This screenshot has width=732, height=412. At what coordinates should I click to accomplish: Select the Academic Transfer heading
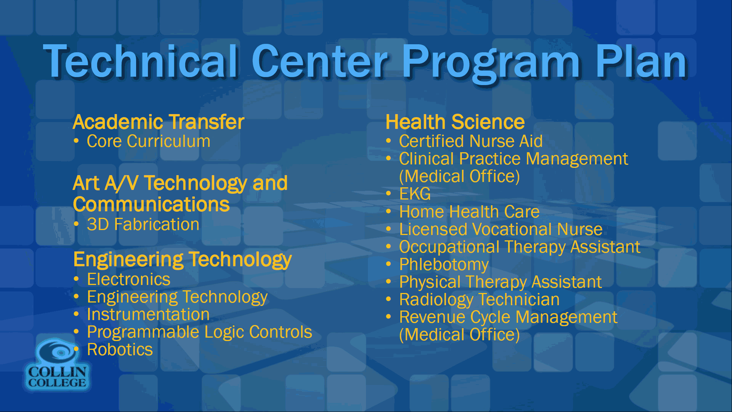158,122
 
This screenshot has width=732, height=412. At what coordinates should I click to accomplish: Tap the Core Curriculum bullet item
148,142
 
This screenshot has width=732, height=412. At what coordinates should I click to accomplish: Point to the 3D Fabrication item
143,224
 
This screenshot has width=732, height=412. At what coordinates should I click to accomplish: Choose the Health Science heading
455,122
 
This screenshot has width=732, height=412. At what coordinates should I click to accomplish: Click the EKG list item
415,194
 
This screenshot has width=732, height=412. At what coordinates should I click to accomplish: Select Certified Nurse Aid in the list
471,141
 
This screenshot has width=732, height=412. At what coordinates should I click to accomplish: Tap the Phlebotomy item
444,265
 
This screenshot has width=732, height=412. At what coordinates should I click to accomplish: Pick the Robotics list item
120,349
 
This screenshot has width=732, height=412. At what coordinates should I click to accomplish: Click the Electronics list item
128,279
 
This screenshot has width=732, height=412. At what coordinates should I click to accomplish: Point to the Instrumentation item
148,314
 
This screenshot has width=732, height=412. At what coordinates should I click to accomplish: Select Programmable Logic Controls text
199,332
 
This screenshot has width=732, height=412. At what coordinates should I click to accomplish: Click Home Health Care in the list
469,212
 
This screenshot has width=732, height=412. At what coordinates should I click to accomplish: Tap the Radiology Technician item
479,300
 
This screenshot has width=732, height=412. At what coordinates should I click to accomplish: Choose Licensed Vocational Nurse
501,229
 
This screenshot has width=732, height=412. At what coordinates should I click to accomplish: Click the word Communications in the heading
151,204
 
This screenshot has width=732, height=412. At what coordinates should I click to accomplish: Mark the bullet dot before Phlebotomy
388,264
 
